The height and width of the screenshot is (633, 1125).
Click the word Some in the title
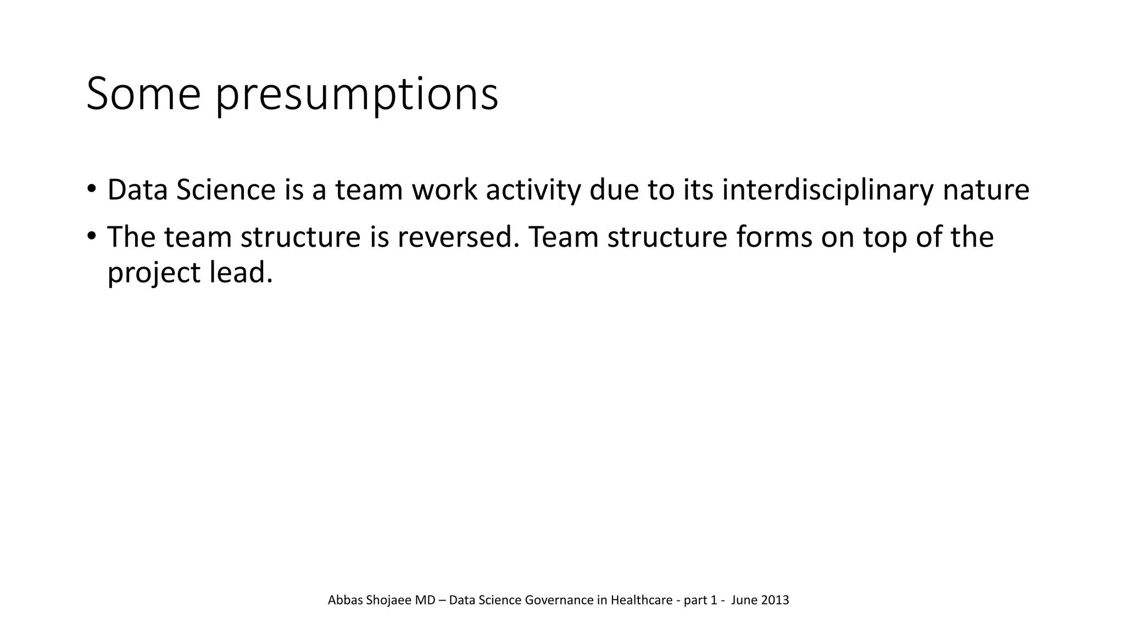pyautogui.click(x=143, y=94)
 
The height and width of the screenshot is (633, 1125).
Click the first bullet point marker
pyautogui.click(x=91, y=189)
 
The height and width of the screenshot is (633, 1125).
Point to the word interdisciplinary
pyautogui.click(x=827, y=190)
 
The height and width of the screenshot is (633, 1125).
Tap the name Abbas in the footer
pyautogui.click(x=346, y=600)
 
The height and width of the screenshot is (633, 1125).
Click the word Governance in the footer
pyautogui.click(x=559, y=600)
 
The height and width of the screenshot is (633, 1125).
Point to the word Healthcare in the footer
pyautogui.click(x=641, y=600)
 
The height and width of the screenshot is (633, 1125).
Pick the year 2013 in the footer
pyautogui.click(x=775, y=600)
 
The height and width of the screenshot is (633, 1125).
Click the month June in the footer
pyautogui.click(x=744, y=600)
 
